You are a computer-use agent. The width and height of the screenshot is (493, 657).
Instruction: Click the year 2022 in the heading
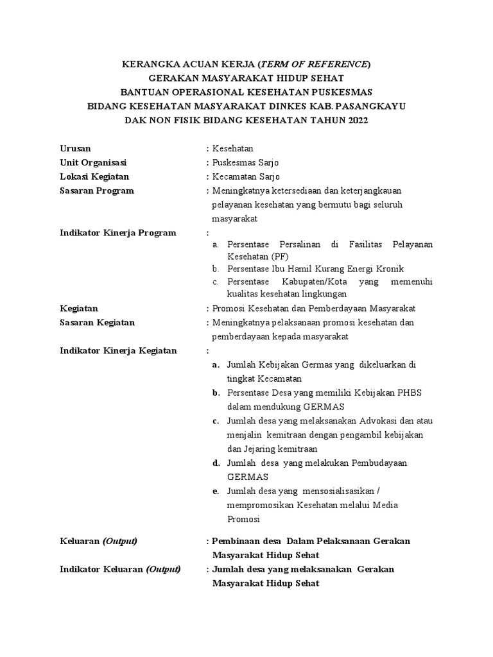click(358, 121)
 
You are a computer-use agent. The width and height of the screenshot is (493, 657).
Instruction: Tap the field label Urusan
click(75, 148)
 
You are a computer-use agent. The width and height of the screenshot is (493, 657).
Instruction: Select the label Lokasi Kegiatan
click(94, 176)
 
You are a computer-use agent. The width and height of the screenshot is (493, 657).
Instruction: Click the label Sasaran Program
click(96, 191)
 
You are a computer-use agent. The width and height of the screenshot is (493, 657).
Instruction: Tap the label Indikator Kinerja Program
click(117, 233)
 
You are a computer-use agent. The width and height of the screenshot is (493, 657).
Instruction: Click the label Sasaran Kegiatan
click(97, 323)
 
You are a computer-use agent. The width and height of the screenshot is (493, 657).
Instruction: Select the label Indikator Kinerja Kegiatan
click(118, 351)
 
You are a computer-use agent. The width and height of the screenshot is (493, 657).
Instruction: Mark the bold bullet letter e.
click(216, 491)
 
